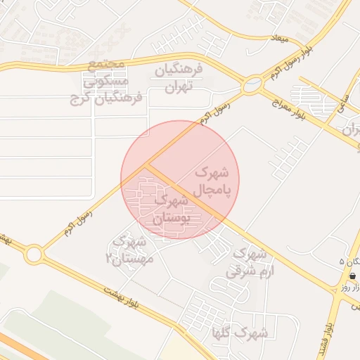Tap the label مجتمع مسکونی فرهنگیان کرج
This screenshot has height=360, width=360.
[x=106, y=82]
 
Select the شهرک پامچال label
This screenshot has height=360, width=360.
[x=211, y=181]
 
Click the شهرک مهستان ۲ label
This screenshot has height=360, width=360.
[x=126, y=249]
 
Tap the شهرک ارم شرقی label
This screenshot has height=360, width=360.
[x=249, y=261]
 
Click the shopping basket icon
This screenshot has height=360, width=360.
[x=352, y=276]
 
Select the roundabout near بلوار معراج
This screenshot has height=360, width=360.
[x=251, y=86]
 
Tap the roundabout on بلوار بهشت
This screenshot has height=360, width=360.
[x=33, y=254]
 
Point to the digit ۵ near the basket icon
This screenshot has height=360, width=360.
[x=342, y=262]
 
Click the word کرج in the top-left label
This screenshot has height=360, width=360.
[x=82, y=98]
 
